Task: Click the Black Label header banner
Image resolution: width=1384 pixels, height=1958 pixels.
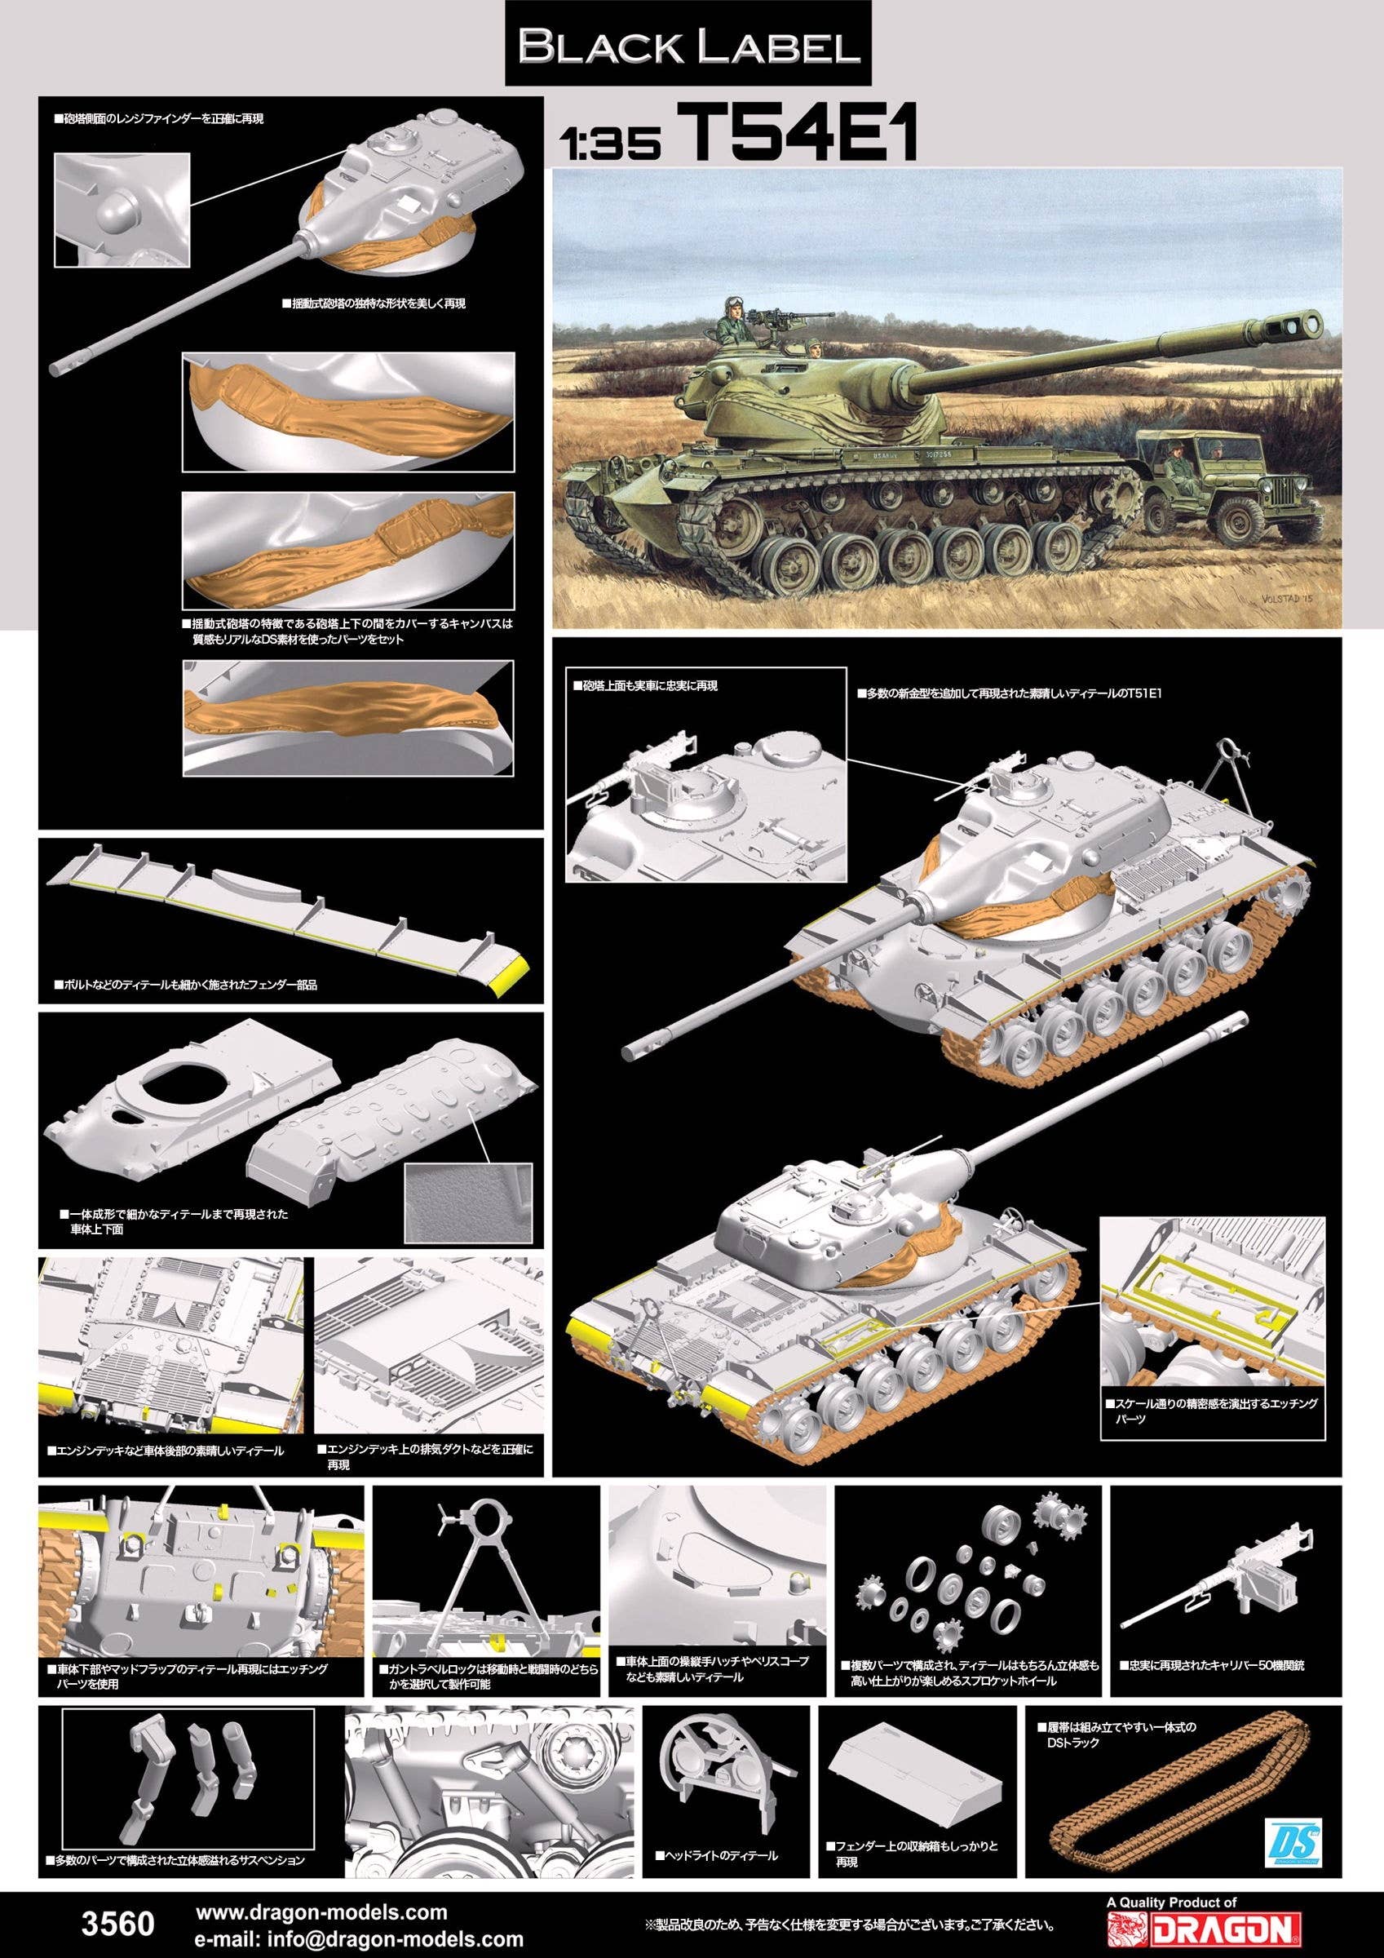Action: (688, 44)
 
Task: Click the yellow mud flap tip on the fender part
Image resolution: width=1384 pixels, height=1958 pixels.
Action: (512, 978)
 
